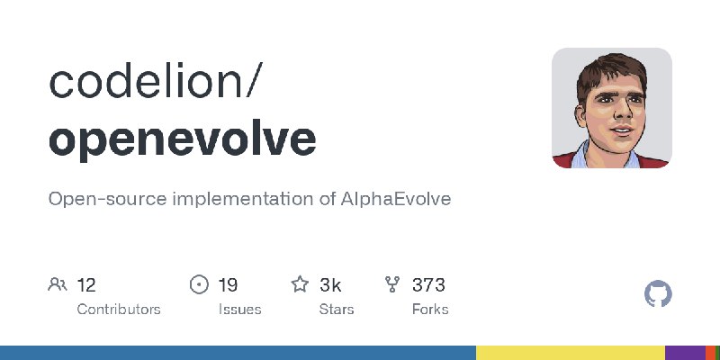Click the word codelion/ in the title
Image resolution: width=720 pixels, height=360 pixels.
pos(156,81)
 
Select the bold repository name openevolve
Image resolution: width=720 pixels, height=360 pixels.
pos(183,139)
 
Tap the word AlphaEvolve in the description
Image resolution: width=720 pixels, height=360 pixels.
pos(396,199)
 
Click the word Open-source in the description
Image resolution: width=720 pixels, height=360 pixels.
pos(107,200)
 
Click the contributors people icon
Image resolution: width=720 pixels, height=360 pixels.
pos(58,284)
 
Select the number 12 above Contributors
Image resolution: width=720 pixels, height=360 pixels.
pos(86,285)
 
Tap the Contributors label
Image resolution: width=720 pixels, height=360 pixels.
pos(119,310)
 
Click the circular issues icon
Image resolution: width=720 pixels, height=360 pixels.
pos(199,284)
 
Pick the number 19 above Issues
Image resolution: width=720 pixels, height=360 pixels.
pos(229,285)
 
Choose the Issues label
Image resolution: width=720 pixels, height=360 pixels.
pos(239,310)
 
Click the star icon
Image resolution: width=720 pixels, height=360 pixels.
pos(300,284)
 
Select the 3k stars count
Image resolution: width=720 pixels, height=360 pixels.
pos(330,285)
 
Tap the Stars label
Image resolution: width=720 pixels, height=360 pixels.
pos(337,310)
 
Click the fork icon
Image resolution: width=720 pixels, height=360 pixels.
pos(392,284)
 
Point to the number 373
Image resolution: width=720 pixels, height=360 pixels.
pos(428,285)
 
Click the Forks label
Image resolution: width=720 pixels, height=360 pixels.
pos(430,310)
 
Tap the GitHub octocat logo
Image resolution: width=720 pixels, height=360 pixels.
pos(658,294)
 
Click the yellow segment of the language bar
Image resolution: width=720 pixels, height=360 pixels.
pos(571,353)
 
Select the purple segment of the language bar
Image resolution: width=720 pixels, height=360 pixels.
pos(685,353)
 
